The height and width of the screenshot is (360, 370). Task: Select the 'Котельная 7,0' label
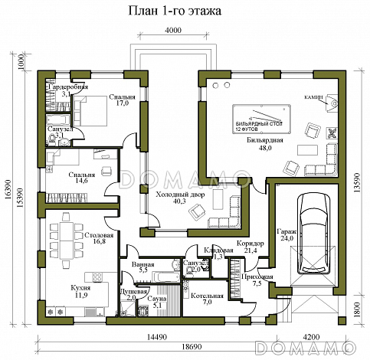(x=208, y=298)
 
